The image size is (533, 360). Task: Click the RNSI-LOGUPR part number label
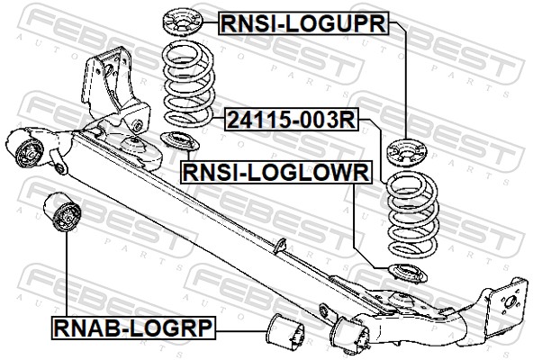(303, 23)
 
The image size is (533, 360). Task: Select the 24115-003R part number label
(292, 120)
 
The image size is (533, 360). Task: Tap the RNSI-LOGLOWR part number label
(276, 172)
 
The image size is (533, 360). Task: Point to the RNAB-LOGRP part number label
(133, 328)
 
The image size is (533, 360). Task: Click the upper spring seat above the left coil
(183, 22)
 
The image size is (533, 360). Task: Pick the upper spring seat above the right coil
(407, 152)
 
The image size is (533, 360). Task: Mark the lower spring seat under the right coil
(408, 274)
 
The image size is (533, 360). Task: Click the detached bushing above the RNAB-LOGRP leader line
(62, 212)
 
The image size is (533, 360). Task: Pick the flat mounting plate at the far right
(508, 303)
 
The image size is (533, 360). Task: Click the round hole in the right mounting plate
(510, 301)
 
